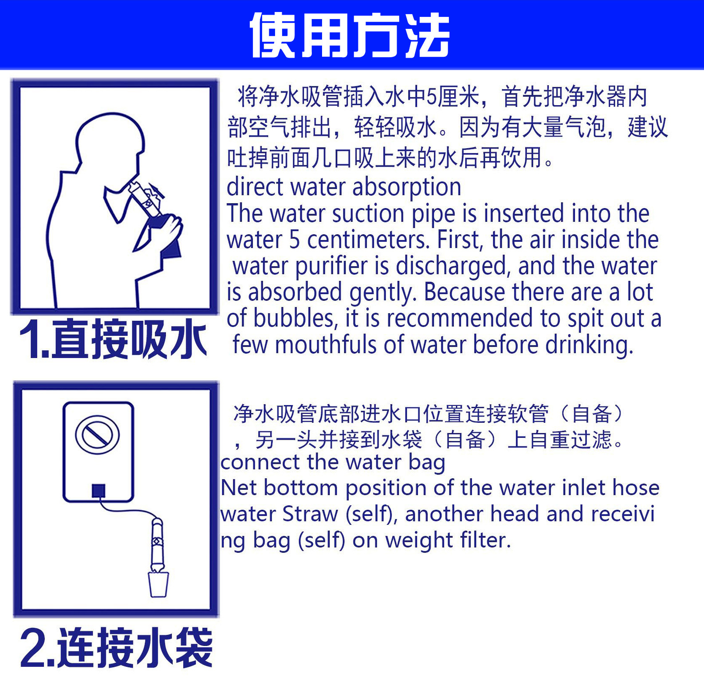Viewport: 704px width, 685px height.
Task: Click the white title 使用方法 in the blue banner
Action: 350,35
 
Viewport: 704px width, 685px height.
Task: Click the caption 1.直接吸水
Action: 113,339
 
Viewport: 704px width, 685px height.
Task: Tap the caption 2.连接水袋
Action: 116,648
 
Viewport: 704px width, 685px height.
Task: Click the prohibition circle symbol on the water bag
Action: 97,435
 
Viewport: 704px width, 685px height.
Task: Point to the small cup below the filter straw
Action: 158,585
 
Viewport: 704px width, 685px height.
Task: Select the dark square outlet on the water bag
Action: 98,490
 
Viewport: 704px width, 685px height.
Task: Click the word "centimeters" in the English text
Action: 368,240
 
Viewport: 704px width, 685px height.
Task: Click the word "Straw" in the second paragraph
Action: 310,514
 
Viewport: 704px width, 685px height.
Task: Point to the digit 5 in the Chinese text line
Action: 432,97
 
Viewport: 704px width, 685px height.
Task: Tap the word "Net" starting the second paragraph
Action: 239,488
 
